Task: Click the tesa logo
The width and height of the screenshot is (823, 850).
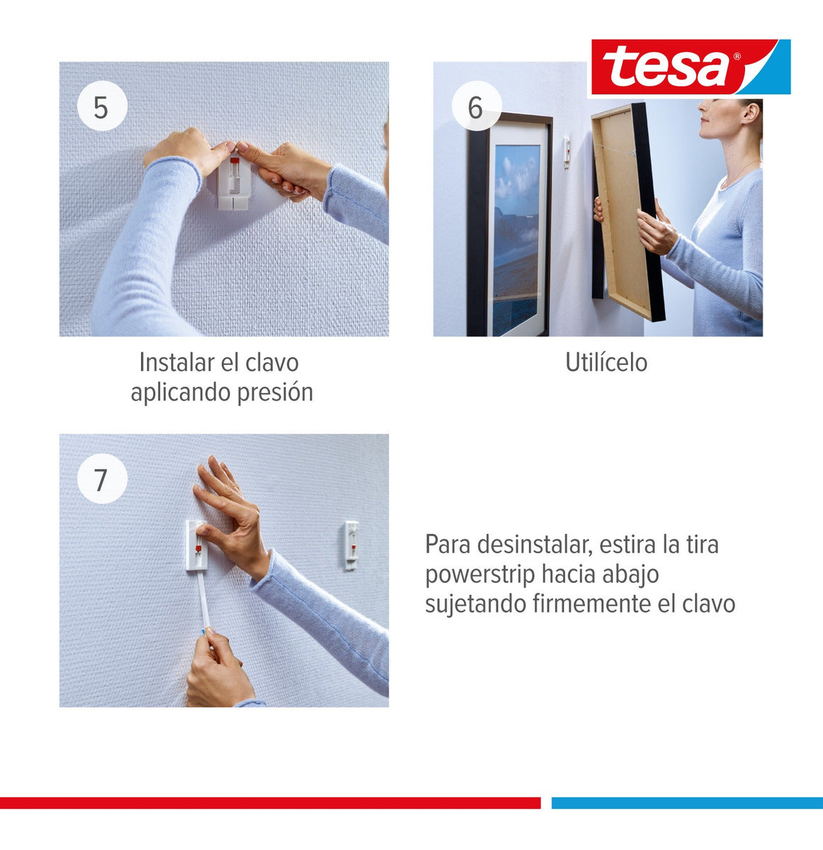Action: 690,67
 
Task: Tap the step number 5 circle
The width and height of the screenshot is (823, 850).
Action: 101,108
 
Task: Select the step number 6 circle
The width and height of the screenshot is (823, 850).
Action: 475,108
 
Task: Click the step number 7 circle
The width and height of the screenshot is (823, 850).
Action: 101,480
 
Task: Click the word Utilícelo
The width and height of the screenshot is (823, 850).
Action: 606,363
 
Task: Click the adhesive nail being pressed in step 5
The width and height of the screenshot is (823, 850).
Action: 234,183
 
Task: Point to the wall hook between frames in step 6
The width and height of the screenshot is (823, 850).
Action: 567,152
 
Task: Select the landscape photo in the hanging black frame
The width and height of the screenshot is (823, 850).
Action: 516,234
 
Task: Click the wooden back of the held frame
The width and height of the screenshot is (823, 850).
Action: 623,205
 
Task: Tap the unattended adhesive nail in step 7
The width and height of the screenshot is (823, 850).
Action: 351,544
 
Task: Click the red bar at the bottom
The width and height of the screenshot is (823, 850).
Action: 269,803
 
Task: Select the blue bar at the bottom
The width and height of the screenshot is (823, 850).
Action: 687,803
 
